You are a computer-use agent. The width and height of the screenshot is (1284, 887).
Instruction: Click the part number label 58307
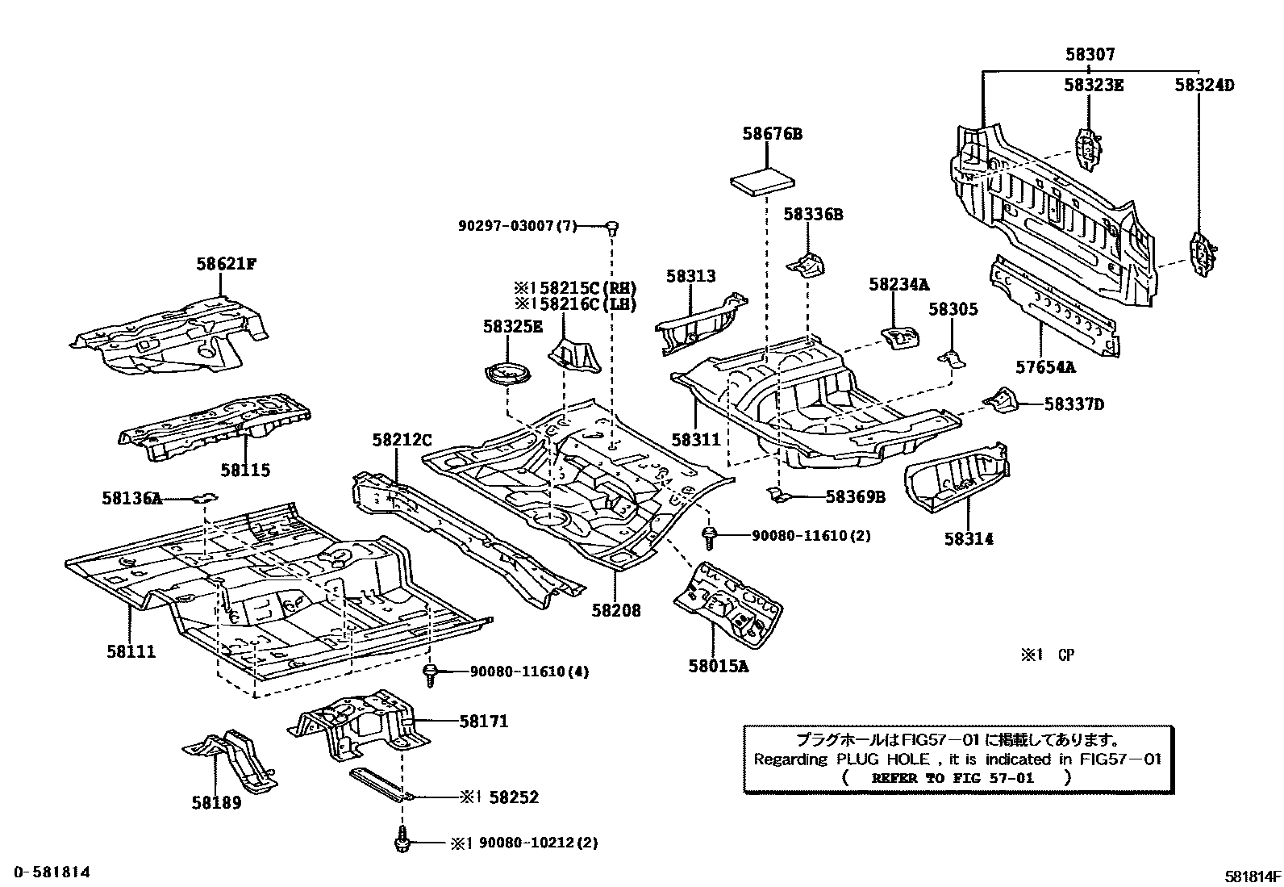[1090, 55]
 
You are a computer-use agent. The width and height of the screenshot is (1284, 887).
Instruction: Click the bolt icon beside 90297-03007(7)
[611, 227]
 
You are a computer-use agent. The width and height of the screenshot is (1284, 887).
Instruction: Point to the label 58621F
[226, 263]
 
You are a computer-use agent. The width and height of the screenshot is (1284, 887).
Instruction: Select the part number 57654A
[1045, 367]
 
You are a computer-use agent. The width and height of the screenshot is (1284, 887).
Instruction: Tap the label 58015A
[718, 666]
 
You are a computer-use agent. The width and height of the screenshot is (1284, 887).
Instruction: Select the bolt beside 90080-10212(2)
[401, 841]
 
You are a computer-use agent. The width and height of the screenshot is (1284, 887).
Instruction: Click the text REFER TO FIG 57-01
[953, 778]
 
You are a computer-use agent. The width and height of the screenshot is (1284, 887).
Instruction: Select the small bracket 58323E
[1088, 148]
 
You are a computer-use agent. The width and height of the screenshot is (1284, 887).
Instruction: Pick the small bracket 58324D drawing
[1203, 253]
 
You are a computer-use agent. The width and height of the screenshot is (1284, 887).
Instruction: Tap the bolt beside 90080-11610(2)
[711, 537]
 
